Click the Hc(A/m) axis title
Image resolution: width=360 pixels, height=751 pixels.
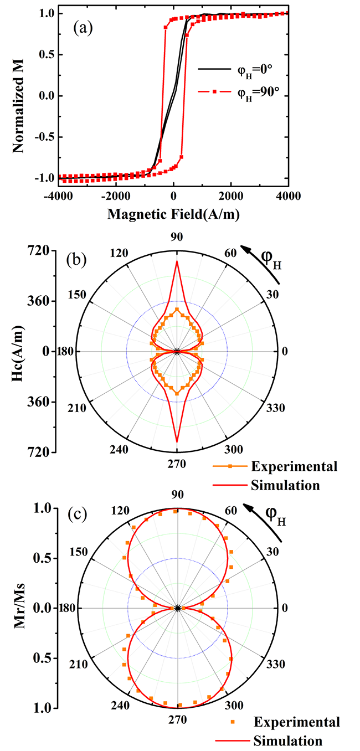click(x=16, y=351)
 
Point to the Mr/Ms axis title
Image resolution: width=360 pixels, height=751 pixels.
click(x=16, y=608)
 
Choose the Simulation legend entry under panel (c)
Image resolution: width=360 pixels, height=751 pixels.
click(x=287, y=740)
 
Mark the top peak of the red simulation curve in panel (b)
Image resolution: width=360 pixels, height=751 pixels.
click(x=177, y=261)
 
